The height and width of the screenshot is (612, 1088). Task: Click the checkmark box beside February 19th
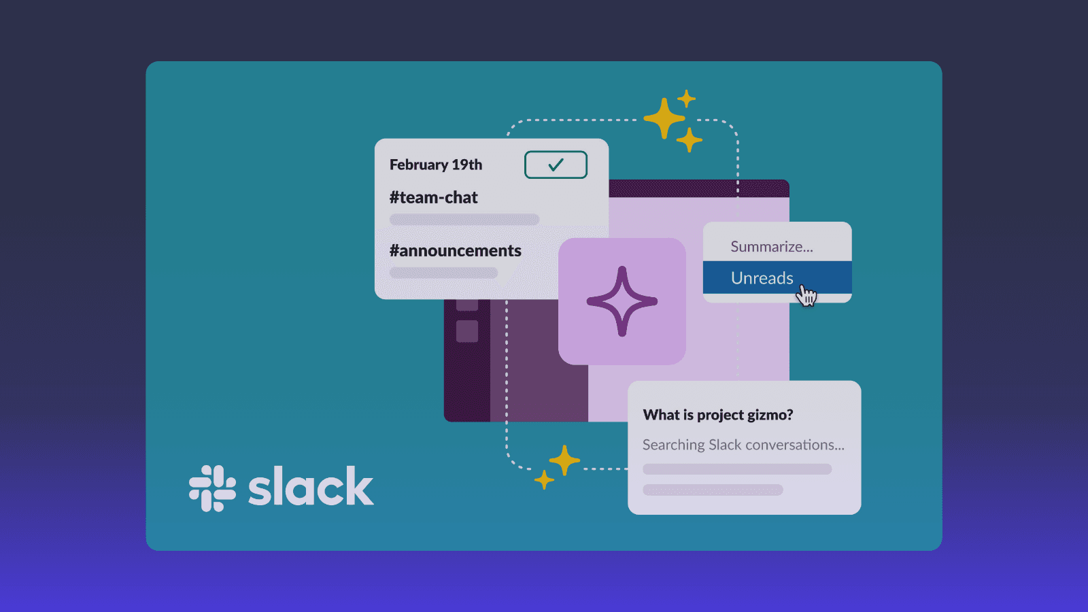tap(556, 165)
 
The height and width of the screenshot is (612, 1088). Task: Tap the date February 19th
tap(435, 165)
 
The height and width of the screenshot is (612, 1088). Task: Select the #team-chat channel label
tap(433, 197)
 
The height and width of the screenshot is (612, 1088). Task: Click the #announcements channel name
tap(455, 250)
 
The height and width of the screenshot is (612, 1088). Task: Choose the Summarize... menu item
tap(771, 246)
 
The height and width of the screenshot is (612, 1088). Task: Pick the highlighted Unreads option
tap(762, 277)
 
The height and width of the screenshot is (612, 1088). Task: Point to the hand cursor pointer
tap(806, 295)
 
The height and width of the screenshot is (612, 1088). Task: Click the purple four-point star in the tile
tap(622, 301)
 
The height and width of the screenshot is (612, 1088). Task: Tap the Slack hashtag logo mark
tap(212, 488)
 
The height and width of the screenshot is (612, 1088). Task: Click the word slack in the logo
tap(311, 487)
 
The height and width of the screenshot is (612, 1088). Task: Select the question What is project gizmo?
tap(717, 415)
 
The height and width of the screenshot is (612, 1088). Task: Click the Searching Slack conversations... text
tap(743, 445)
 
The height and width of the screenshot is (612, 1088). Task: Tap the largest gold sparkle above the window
tap(664, 118)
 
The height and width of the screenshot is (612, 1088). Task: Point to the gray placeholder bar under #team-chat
tap(464, 220)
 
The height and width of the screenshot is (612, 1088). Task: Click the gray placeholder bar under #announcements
tap(443, 273)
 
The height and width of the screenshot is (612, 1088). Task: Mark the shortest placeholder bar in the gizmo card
tap(712, 490)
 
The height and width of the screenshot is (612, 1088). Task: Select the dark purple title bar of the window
tap(698, 188)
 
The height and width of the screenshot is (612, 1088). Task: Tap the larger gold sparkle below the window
tap(564, 460)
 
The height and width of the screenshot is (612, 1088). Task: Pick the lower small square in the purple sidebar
tap(467, 331)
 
